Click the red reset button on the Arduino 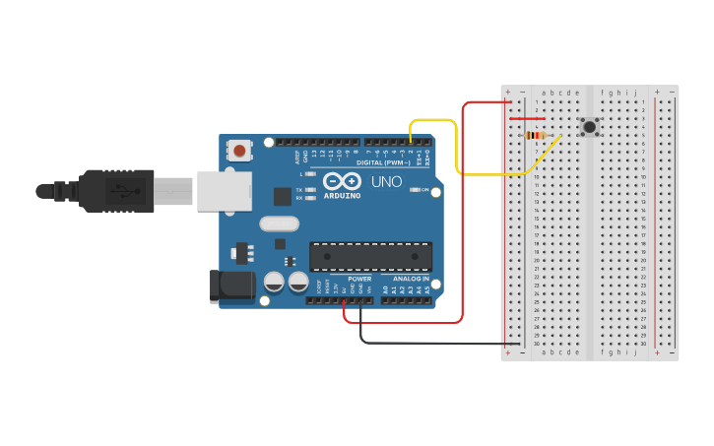pyautogui.click(x=238, y=151)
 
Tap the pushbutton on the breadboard pyautogui.click(x=589, y=126)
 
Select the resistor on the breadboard pyautogui.click(x=536, y=135)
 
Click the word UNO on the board pyautogui.click(x=386, y=182)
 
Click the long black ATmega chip pyautogui.click(x=370, y=256)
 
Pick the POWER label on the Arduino pyautogui.click(x=359, y=279)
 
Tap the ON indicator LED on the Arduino pyautogui.click(x=416, y=189)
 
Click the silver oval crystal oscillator pyautogui.click(x=279, y=223)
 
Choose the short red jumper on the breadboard pyautogui.click(x=527, y=119)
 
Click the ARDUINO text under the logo pyautogui.click(x=341, y=195)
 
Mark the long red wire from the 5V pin pyautogui.click(x=461, y=217)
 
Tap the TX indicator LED pyautogui.click(x=310, y=189)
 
